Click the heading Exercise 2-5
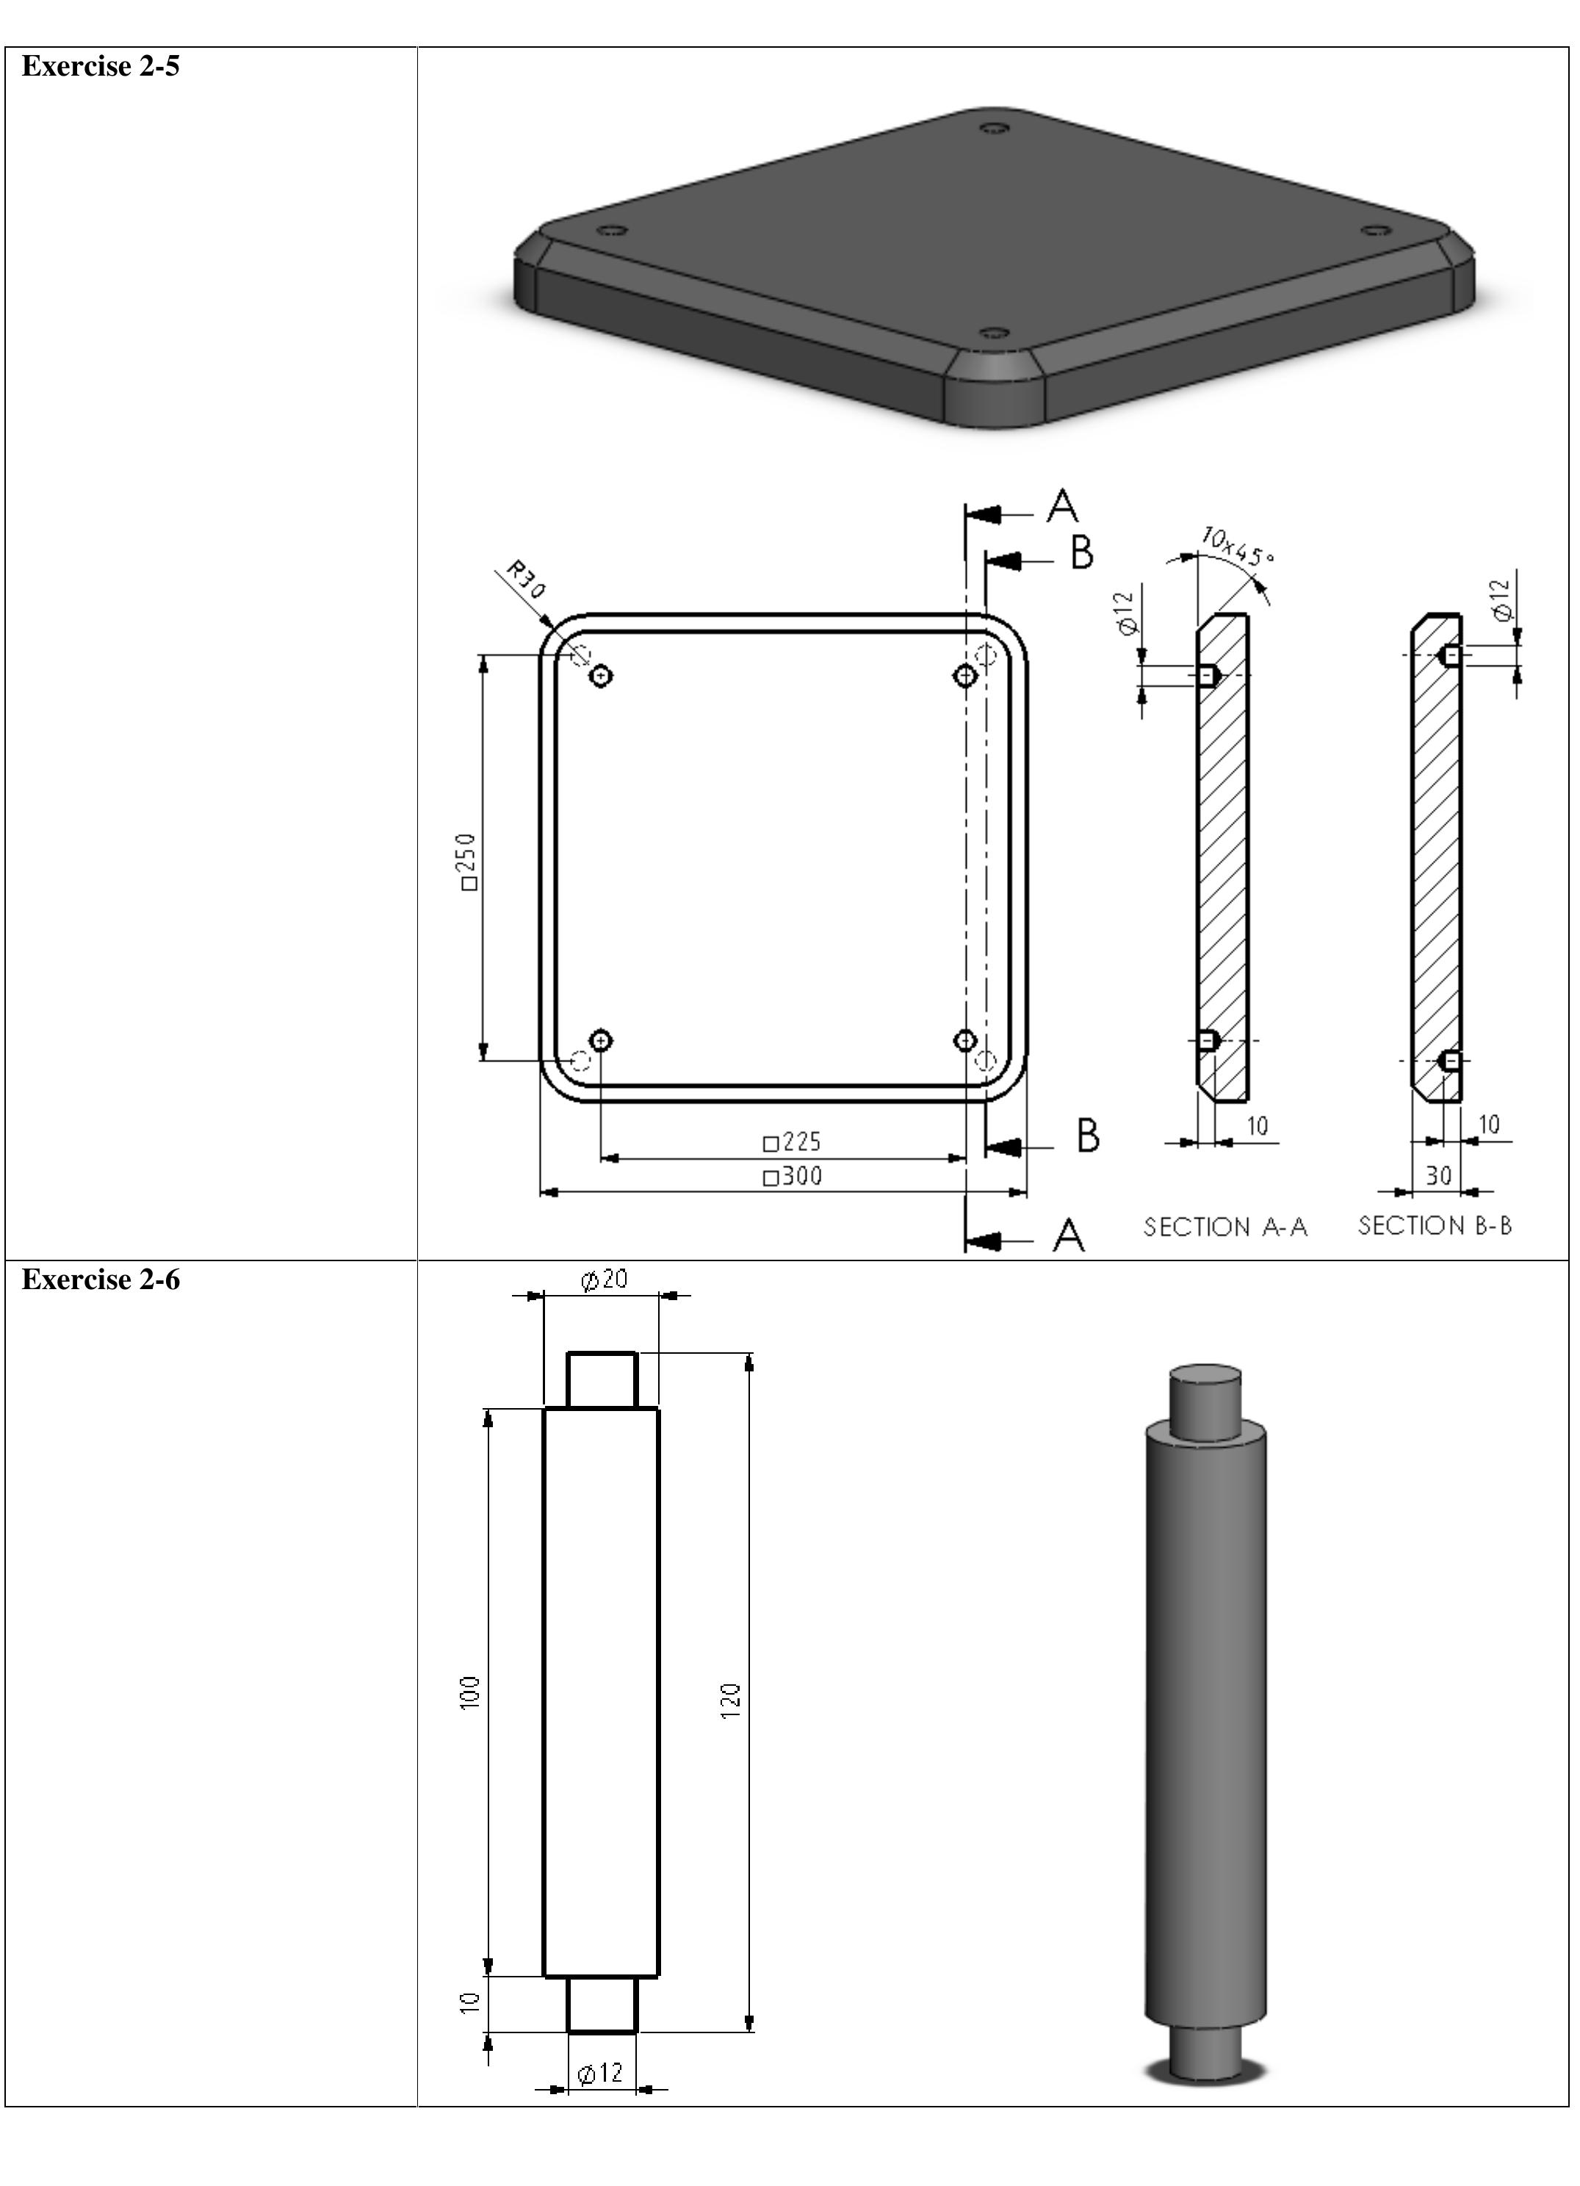pos(100,67)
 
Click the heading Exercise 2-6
pos(100,1280)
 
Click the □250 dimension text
pos(468,861)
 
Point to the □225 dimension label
pos(793,1142)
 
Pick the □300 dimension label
pos(793,1176)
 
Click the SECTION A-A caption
pos(1225,1227)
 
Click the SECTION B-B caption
pos(1435,1226)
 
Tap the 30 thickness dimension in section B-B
pos(1438,1176)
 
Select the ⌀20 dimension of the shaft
pos(605,1280)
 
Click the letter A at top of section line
pos(1062,506)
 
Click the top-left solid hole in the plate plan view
pos(602,676)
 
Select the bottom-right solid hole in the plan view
pos(965,1040)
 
